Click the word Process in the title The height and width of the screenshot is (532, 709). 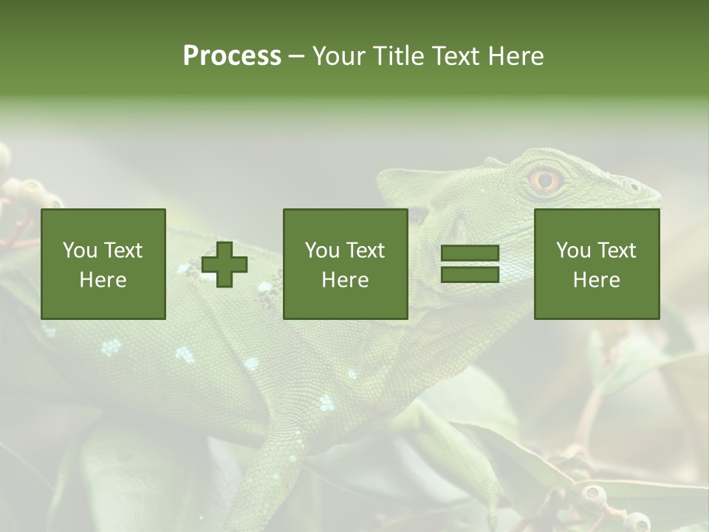232,56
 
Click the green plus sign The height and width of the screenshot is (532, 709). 225,265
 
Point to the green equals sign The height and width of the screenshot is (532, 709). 470,265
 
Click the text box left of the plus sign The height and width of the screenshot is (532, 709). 103,265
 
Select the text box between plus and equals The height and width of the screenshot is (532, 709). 346,265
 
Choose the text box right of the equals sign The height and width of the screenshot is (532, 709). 597,265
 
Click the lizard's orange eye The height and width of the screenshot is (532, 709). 545,180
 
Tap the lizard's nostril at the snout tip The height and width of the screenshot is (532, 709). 634,186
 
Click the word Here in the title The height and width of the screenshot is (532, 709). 516,56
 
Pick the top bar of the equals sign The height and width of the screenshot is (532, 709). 470,254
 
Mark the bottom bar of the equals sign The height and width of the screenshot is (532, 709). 470,275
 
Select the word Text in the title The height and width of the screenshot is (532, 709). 455,56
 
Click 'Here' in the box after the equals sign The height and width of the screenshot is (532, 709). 597,280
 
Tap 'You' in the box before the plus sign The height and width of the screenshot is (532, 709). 80,250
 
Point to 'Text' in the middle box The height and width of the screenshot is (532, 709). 365,250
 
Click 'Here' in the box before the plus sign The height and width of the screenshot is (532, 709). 103,280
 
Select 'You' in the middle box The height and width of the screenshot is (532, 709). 322,250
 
